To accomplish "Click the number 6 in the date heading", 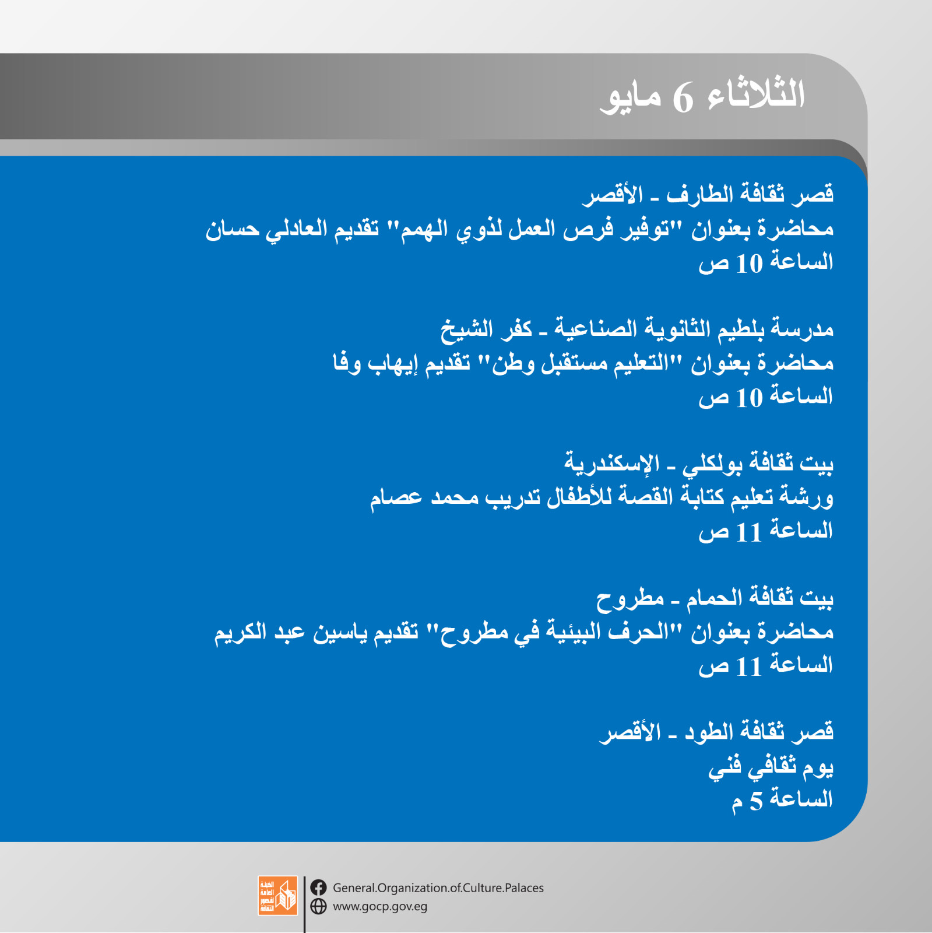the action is (x=683, y=98).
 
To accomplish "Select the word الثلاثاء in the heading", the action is (x=756, y=93).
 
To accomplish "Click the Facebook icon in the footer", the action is (x=318, y=888).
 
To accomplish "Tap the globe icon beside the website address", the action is (x=318, y=906).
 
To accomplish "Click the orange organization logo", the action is (x=278, y=896).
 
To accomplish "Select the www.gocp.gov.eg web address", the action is (x=380, y=907).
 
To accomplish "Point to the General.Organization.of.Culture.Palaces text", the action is (x=438, y=888).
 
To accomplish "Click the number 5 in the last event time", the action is (x=756, y=801).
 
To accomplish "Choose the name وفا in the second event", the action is (x=347, y=363).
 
